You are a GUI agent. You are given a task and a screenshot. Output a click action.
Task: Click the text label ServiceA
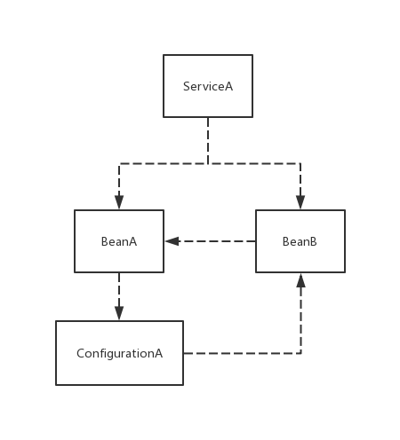[x=208, y=86]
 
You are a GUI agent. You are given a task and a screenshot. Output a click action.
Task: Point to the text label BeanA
[x=119, y=241]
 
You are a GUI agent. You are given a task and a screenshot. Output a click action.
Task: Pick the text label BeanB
[x=300, y=241]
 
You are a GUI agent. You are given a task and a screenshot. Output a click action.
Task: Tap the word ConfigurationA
[x=120, y=354]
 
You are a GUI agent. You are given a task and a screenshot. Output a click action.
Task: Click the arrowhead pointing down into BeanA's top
[x=119, y=202]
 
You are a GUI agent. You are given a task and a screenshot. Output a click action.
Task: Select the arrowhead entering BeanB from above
[x=300, y=202]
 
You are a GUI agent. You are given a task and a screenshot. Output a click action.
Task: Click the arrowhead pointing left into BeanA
[x=172, y=241]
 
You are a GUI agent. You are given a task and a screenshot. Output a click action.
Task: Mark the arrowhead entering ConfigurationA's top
[x=119, y=313]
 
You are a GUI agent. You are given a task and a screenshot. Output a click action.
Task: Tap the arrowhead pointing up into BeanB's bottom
[x=300, y=280]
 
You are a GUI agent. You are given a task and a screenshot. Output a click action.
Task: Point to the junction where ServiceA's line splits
[x=208, y=163]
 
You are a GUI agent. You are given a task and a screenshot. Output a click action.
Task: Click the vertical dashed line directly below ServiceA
[x=208, y=140]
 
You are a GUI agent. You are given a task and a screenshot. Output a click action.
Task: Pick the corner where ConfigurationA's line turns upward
[x=300, y=353]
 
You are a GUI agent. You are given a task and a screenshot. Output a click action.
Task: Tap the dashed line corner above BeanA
[x=119, y=163]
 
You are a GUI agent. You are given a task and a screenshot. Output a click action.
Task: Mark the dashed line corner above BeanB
[x=300, y=163]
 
